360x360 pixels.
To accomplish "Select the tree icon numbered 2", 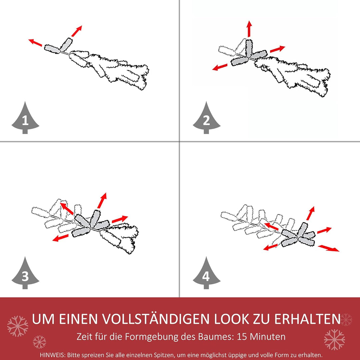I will tap(206, 118).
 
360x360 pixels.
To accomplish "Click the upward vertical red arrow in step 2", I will tap(249, 28).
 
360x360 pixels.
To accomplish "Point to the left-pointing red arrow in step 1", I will tap(35, 43).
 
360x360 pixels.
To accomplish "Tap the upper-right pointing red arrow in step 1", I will tap(77, 31).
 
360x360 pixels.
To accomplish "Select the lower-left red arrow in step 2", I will tap(220, 67).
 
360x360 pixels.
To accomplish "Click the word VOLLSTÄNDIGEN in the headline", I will tap(156, 319).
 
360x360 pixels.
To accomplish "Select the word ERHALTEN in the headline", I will tap(307, 319).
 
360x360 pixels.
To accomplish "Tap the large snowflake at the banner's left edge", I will tap(18, 326).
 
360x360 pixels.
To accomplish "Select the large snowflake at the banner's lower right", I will tap(334, 340).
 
